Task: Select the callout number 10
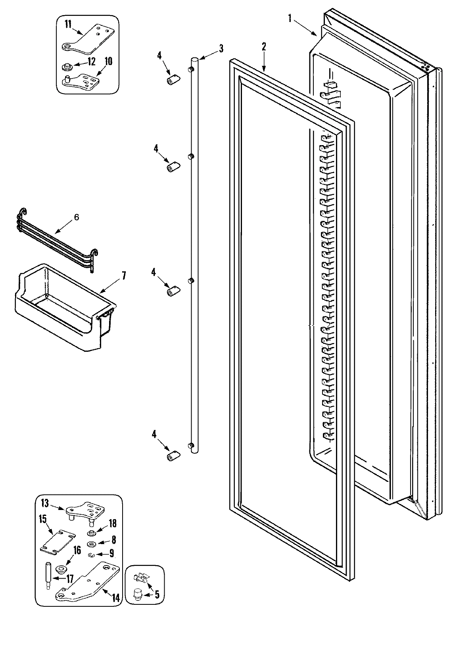[108, 61]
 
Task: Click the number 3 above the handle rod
[221, 49]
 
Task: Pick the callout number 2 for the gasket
[263, 46]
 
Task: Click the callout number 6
[77, 217]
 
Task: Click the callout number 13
[45, 504]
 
